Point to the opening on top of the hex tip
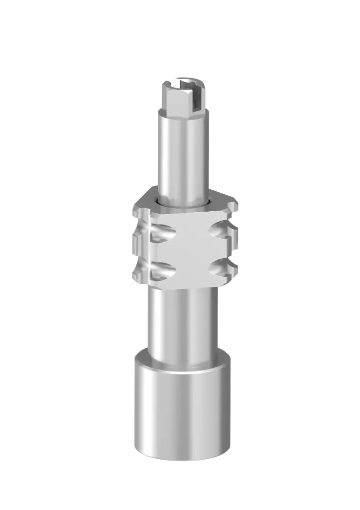pos(185,80)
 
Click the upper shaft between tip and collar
pos(183,149)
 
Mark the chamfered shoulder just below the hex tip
pos(183,113)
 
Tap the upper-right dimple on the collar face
pos(220,230)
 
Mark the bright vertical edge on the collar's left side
pos(149,249)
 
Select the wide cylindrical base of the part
pos(182,413)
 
